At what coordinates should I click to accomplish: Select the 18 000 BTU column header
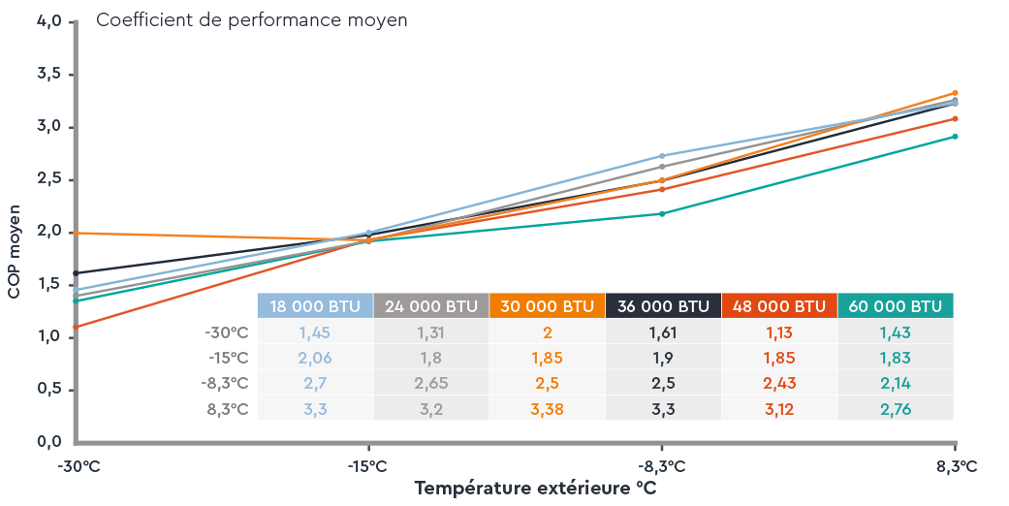(x=315, y=306)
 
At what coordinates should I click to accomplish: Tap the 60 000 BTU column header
(x=896, y=306)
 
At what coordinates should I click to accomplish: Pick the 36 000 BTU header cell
(x=664, y=306)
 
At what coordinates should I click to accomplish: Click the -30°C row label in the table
(x=227, y=332)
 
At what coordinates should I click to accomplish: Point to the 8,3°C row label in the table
(x=229, y=409)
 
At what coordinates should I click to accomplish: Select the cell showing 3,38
(x=548, y=409)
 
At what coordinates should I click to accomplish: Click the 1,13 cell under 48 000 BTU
(x=779, y=332)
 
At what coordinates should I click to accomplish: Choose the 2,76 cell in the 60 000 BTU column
(x=896, y=409)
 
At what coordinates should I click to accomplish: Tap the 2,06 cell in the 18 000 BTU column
(x=315, y=358)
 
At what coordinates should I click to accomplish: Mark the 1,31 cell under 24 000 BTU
(x=431, y=332)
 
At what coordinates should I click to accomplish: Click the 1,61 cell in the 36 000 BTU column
(x=664, y=332)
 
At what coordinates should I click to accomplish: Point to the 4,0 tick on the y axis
(x=48, y=21)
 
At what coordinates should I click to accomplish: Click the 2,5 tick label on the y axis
(x=48, y=179)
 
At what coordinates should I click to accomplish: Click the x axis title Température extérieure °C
(x=535, y=489)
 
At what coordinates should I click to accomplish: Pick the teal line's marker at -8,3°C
(x=662, y=213)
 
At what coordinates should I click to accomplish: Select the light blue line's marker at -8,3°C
(x=662, y=155)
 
